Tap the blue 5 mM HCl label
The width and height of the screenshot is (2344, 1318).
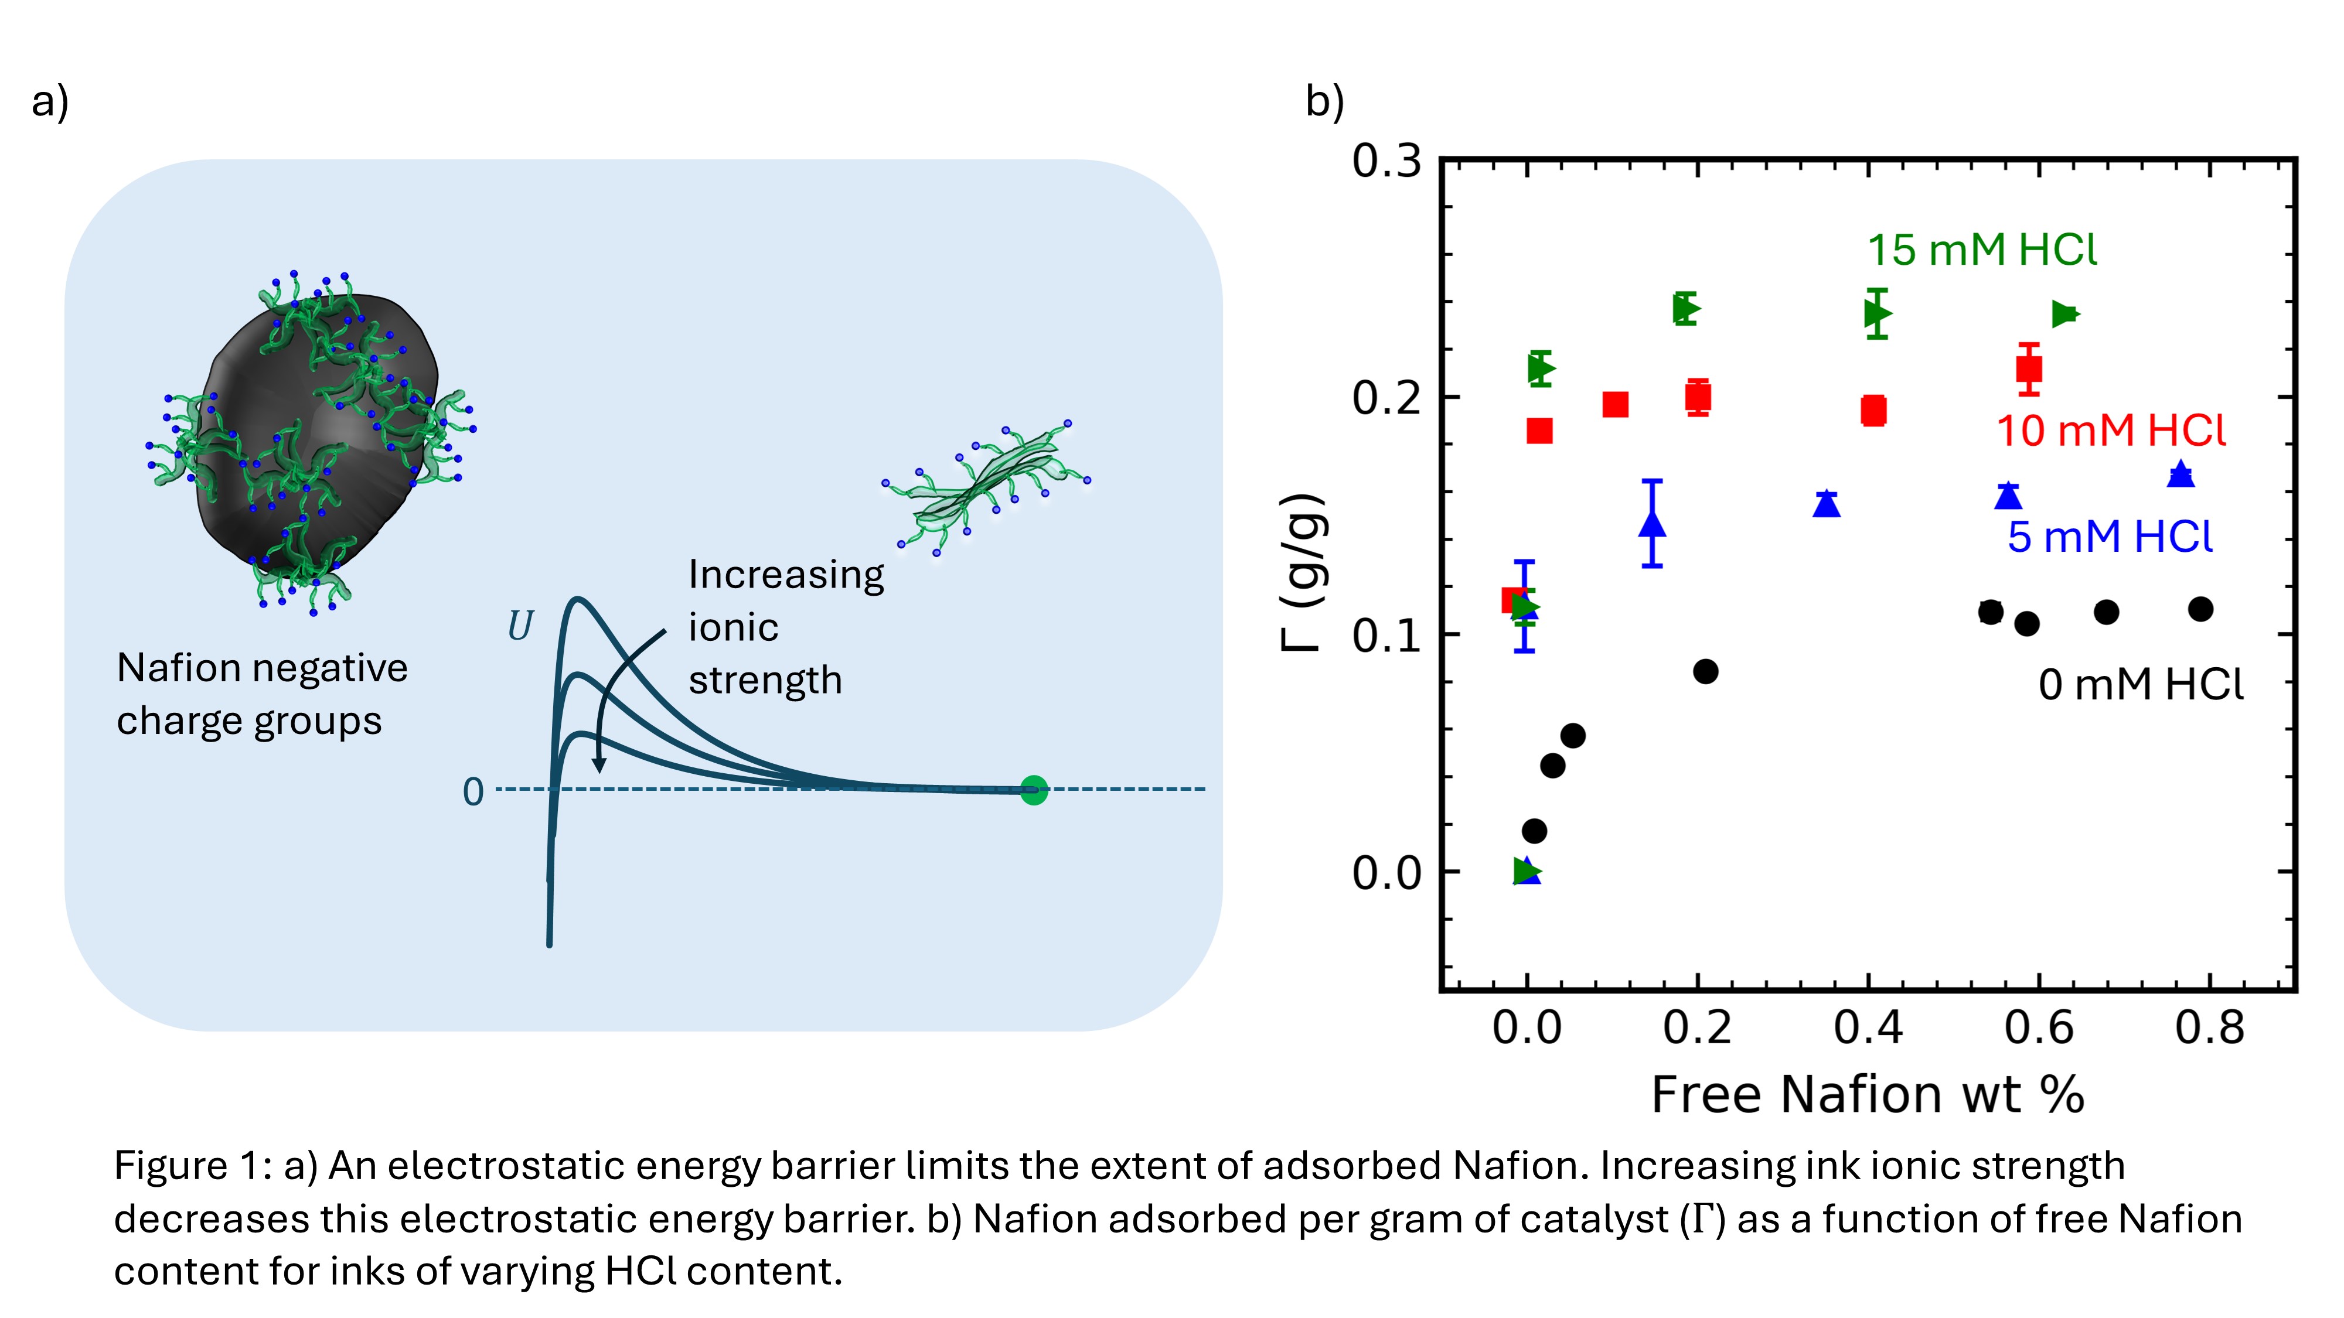pos(2109,537)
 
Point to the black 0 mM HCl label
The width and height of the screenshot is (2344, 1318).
pos(2140,684)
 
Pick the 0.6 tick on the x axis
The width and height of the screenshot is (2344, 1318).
pos(2038,1028)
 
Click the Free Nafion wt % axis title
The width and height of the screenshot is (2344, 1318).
pos(1867,1094)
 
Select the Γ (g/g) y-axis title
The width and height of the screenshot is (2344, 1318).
pos(1304,573)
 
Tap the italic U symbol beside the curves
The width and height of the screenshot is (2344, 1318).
pos(520,626)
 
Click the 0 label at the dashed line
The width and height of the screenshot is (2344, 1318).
pos(472,792)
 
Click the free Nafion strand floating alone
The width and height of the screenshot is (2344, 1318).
pos(987,487)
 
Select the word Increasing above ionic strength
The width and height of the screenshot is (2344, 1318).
pos(785,575)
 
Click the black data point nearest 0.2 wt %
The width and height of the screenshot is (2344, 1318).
pos(1705,671)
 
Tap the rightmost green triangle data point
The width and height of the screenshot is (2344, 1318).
pos(2064,314)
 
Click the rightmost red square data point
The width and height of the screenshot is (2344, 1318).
pos(2028,368)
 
